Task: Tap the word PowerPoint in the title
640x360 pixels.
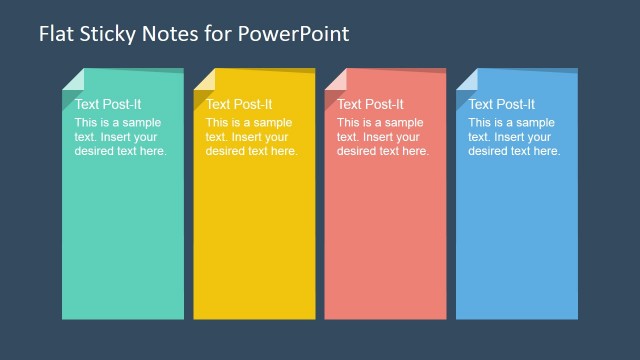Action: point(296,34)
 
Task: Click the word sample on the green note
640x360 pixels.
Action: point(141,123)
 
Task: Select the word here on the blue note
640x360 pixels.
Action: point(546,151)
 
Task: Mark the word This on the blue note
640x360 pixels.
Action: point(481,123)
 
